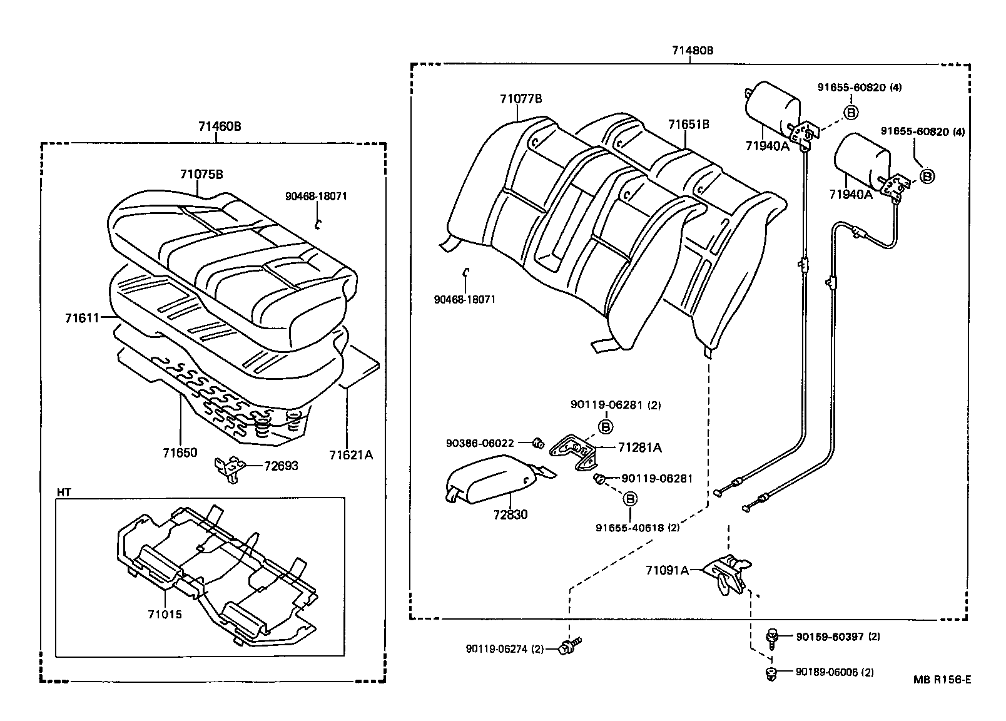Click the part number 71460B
[220, 126]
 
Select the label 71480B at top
[693, 51]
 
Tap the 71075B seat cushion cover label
[201, 175]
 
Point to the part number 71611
[82, 318]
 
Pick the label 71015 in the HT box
[165, 614]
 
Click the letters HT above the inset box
[63, 493]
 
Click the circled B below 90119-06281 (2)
[606, 427]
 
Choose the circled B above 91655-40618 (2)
[631, 498]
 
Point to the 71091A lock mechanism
[726, 573]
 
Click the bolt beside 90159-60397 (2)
[773, 637]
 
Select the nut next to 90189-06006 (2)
[771, 673]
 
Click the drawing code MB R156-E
[942, 679]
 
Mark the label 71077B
[521, 99]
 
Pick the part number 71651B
[688, 125]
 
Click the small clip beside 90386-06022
[537, 444]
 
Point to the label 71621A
[351, 455]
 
